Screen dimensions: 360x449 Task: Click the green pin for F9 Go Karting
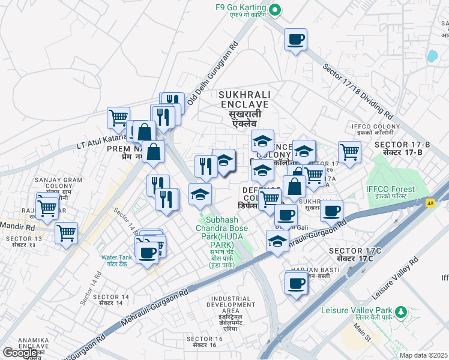click(275, 9)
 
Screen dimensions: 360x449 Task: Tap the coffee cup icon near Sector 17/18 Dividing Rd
click(295, 40)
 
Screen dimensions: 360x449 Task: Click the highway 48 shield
click(431, 204)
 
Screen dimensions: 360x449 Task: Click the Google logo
click(20, 353)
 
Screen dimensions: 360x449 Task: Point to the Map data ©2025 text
click(424, 355)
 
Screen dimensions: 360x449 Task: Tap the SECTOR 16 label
click(204, 342)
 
